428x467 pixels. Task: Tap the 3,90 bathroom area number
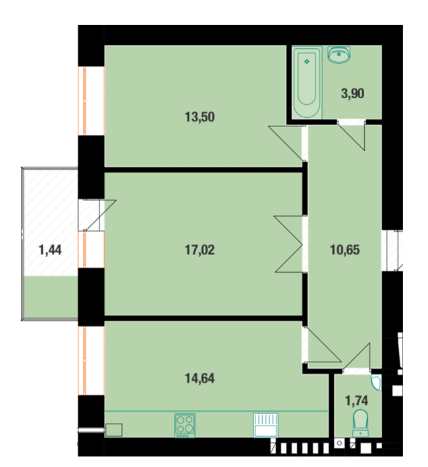pos(352,93)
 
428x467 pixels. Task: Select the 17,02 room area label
pos(201,250)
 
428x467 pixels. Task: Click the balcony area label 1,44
pos(50,250)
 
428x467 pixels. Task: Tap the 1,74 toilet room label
pos(357,399)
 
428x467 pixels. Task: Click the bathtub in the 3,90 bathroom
pos(307,85)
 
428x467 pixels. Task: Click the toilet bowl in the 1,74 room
pos(360,422)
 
